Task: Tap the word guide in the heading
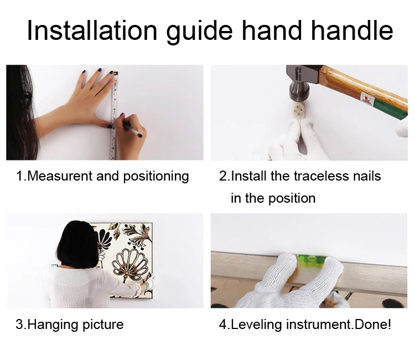coord(199,32)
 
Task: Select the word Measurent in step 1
coord(60,176)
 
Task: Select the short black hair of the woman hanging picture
coord(77,244)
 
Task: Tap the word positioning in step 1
coord(156,177)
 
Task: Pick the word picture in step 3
coord(103,325)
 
